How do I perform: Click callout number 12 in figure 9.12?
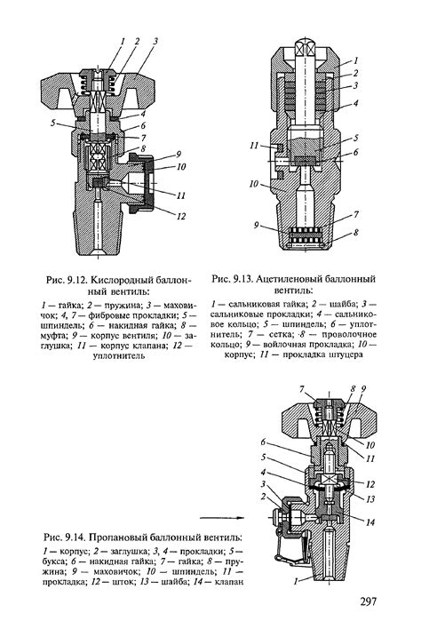coord(181,216)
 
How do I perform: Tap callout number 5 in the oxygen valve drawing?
coord(53,123)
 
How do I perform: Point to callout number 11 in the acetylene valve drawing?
coord(254,146)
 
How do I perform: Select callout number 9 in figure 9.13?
coord(257,225)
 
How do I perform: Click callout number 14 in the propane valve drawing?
coord(369,522)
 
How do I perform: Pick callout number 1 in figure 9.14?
coord(296,581)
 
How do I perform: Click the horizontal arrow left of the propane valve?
coord(222,517)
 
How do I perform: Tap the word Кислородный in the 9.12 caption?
coord(115,281)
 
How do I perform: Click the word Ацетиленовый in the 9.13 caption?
coord(284,279)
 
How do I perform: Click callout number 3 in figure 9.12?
coord(155,41)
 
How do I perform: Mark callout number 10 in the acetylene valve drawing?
coord(254,184)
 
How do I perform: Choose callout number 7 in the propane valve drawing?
coord(302,389)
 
